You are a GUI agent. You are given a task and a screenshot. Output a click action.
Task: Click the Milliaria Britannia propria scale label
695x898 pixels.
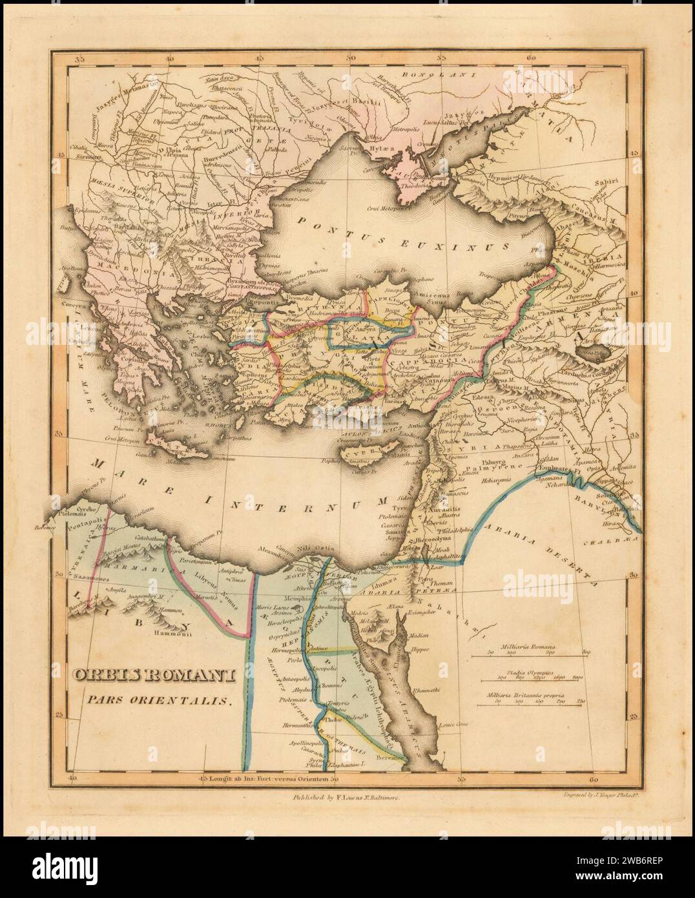click(526, 693)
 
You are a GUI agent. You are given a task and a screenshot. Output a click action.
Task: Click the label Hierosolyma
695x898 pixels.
click(440, 537)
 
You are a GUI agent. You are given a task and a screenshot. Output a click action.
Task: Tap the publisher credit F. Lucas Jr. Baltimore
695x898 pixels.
click(346, 799)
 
